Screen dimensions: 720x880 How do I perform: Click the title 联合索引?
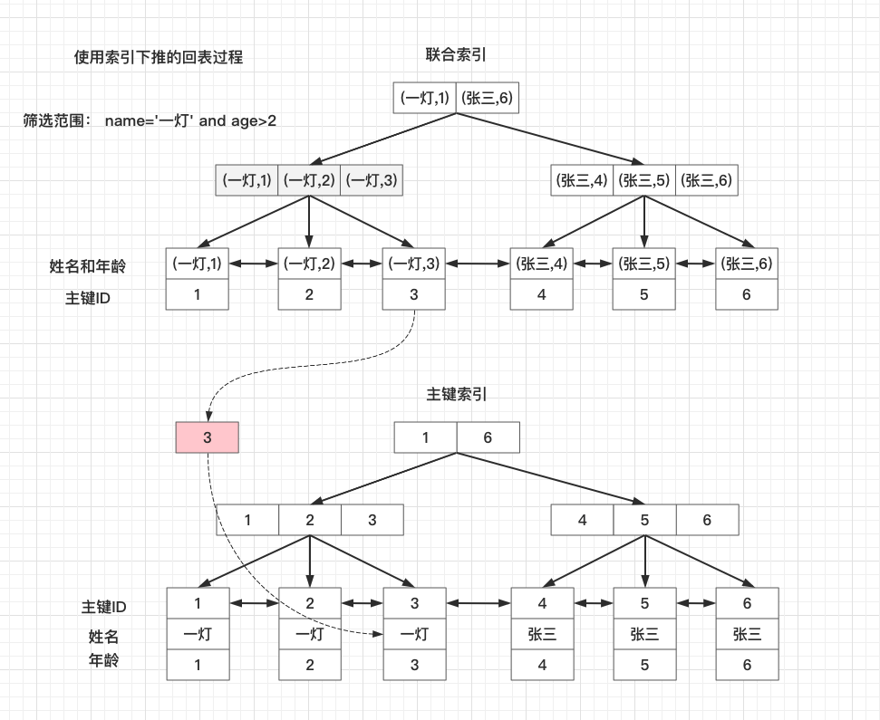tap(456, 54)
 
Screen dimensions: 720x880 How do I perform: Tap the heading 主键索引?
tap(456, 395)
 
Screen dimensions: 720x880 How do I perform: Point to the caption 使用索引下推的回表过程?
tap(159, 57)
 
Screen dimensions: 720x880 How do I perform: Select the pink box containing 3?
tap(207, 437)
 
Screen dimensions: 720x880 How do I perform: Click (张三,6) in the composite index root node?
tap(488, 98)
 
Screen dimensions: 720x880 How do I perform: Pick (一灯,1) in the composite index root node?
tap(424, 98)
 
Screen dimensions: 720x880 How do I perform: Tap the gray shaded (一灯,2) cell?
tap(309, 180)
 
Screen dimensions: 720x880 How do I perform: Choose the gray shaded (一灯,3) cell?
tap(372, 180)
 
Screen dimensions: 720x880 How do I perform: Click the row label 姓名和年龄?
tap(88, 266)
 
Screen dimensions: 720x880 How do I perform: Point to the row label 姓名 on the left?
tap(102, 637)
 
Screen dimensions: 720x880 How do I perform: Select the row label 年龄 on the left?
tap(102, 660)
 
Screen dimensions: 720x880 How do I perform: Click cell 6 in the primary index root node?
tap(488, 438)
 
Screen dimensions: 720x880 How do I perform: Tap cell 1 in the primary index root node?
tap(425, 438)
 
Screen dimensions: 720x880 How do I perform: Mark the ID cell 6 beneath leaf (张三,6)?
tap(747, 294)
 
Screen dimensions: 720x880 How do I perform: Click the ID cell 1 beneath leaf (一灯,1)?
tap(198, 294)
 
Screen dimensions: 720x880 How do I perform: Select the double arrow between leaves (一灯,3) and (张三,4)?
tap(478, 264)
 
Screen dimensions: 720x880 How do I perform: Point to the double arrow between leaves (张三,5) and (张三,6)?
tap(695, 264)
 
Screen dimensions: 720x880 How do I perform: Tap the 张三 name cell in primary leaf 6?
tap(747, 634)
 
